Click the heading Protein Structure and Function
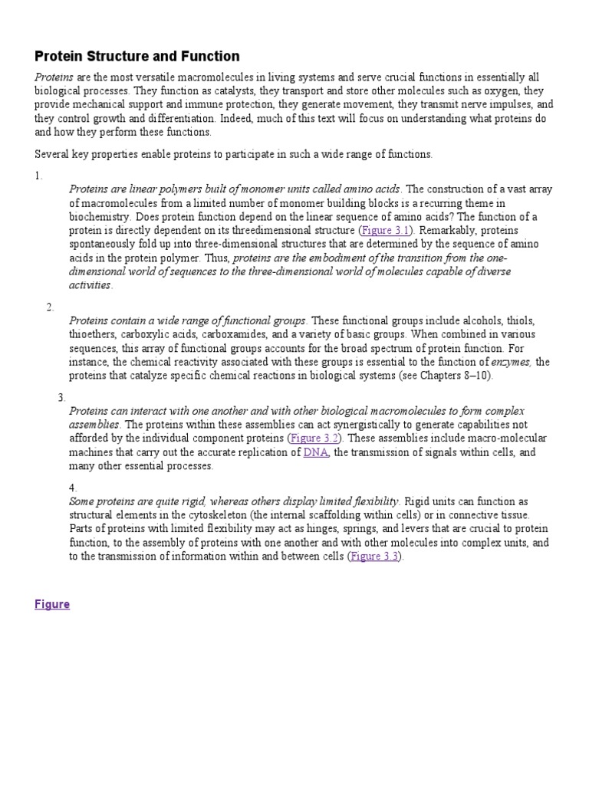point(137,57)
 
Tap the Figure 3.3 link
point(375,557)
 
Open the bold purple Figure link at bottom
point(52,604)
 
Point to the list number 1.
point(38,176)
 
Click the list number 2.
point(50,307)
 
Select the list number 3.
point(61,397)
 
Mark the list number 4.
point(73,487)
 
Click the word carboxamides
point(234,334)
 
